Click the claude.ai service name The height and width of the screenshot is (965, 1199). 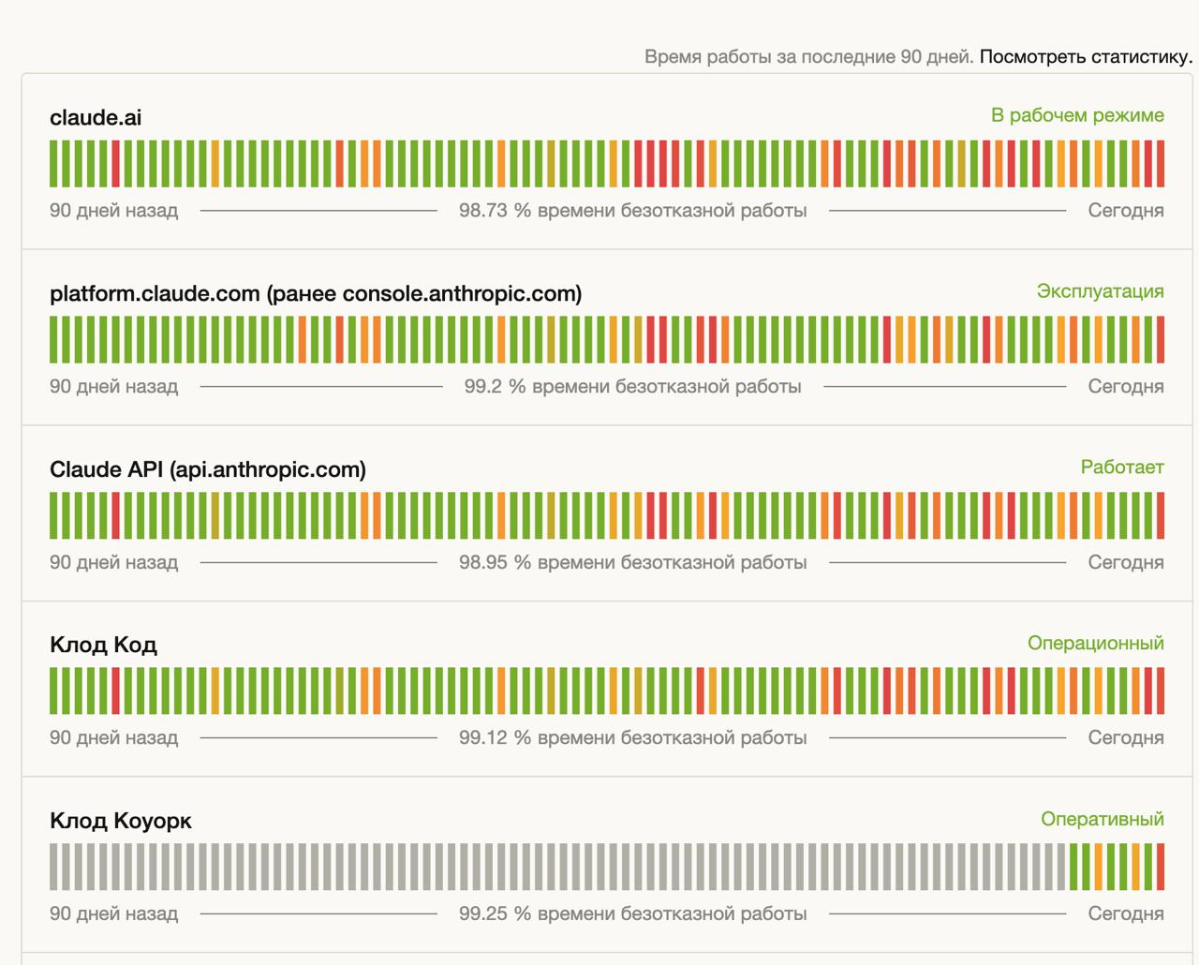[96, 117]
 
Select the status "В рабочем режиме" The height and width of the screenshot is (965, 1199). [1077, 115]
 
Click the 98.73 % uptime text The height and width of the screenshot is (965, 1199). [632, 211]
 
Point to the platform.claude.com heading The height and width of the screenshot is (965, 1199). [316, 293]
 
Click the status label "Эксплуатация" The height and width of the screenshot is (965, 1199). [1100, 291]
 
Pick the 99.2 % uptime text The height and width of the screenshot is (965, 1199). [632, 387]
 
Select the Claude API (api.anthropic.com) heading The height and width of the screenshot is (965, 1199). [208, 469]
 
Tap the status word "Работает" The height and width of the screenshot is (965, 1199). [1122, 468]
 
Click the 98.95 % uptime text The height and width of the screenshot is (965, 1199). [632, 563]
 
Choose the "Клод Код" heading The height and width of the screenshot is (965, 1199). [103, 645]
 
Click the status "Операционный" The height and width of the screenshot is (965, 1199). [1095, 644]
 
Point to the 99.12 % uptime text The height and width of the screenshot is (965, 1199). [632, 738]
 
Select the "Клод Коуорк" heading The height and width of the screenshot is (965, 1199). [121, 821]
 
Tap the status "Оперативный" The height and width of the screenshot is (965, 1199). [1102, 820]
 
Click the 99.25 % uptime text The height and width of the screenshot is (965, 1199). [632, 914]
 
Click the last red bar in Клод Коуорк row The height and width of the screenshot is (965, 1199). [1161, 867]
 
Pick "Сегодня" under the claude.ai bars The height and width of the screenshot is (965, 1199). [1125, 211]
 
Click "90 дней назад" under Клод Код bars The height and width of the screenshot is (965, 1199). [113, 738]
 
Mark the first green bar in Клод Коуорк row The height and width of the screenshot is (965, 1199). [1074, 867]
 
